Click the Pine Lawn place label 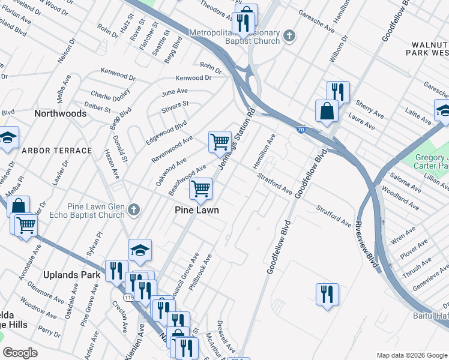point(196,210)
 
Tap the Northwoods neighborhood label point(60,113)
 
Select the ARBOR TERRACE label point(57,151)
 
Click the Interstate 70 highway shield point(301,129)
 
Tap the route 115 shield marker point(128,297)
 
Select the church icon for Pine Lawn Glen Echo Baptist point(134,210)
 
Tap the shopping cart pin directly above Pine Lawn point(200,188)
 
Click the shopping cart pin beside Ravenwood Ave point(220,141)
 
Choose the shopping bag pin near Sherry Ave point(327,111)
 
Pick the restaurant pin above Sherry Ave point(338,91)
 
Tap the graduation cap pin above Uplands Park point(140,250)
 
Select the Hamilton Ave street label point(264,151)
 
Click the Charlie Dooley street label point(110,95)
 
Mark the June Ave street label point(175,91)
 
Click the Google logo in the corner point(20,353)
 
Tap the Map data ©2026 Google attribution point(411,355)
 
